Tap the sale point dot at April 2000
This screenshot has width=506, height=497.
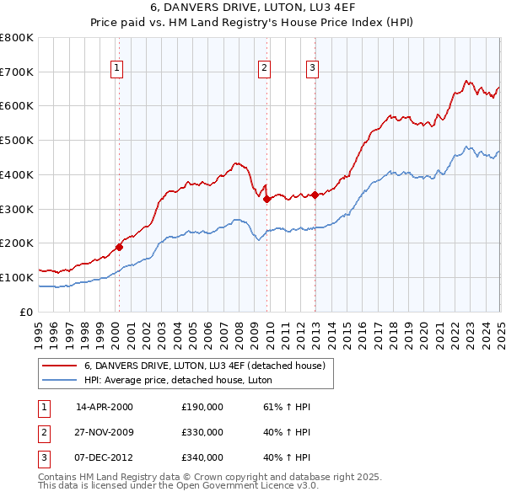[x=119, y=247]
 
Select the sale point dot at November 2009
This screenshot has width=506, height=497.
[x=267, y=200]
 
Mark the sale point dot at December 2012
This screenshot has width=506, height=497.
[x=315, y=195]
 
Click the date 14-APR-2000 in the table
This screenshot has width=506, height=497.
[x=105, y=407]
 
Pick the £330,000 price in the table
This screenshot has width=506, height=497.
[x=202, y=432]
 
